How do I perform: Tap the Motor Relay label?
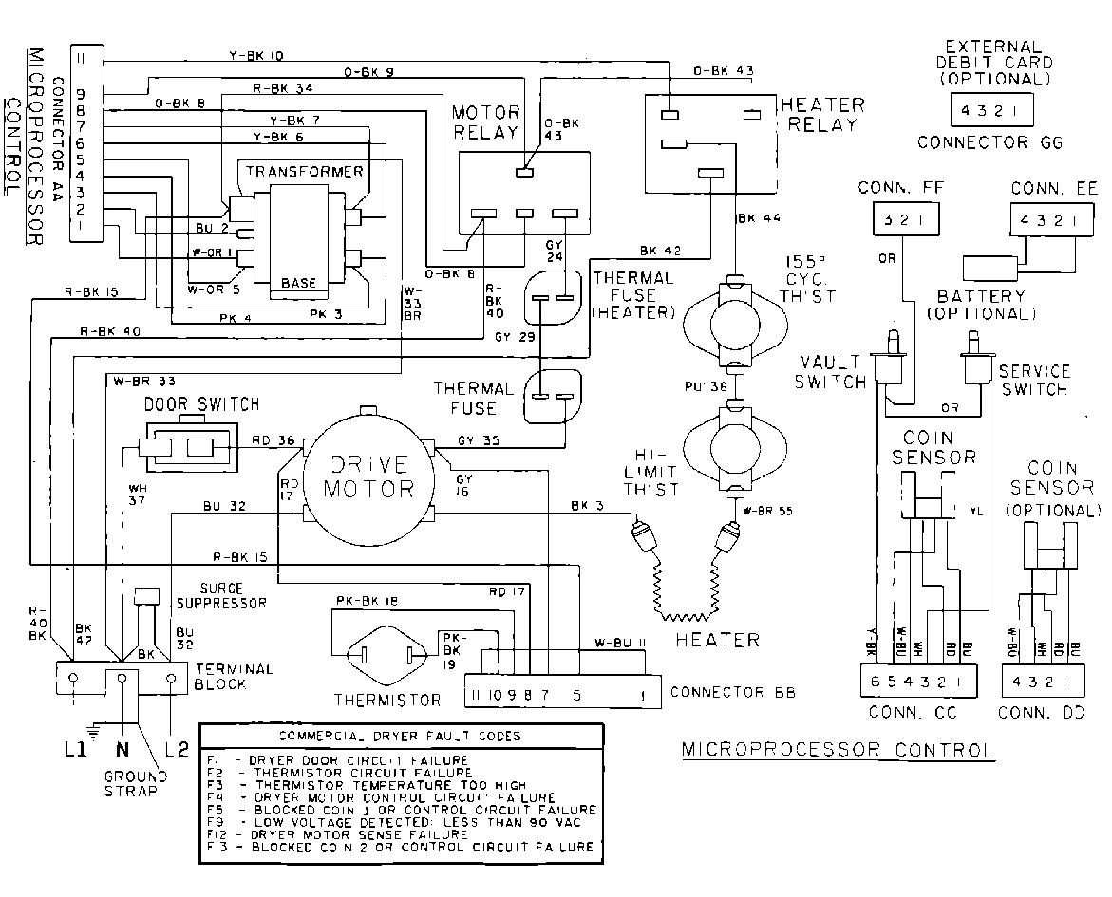point(486,122)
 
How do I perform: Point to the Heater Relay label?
point(821,114)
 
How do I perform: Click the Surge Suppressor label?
point(233,595)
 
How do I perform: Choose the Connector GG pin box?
point(990,110)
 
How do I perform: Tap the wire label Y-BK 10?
point(257,56)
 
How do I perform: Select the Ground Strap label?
point(135,783)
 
